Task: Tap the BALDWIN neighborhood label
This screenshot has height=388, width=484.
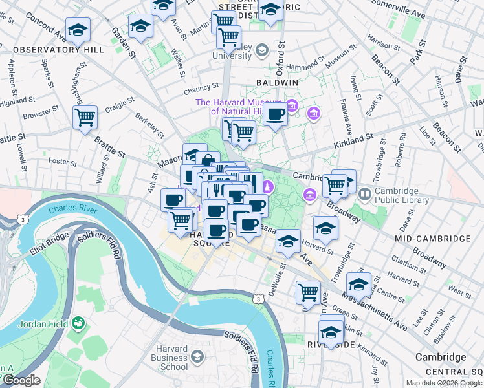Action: (x=276, y=83)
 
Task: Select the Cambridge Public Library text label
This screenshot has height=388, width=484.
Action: (x=402, y=195)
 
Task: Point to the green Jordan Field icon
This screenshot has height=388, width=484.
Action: (x=78, y=321)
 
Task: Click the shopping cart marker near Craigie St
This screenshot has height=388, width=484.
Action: (x=85, y=118)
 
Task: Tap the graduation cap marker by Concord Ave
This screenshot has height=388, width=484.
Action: (x=78, y=29)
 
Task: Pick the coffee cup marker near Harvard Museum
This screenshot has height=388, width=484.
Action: (x=275, y=115)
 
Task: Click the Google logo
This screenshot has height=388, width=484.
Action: (x=21, y=380)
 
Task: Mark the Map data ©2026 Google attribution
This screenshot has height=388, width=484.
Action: (x=444, y=383)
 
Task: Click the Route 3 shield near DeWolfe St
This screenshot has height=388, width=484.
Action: (x=258, y=298)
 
